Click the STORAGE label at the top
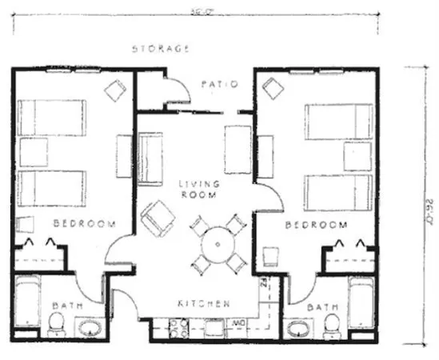[x=161, y=49]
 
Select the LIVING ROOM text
[x=199, y=190]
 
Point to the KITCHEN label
[x=204, y=304]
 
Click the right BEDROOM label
[x=316, y=226]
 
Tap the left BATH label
[x=62, y=306]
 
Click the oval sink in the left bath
[x=89, y=328]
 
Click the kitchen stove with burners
[x=181, y=326]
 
